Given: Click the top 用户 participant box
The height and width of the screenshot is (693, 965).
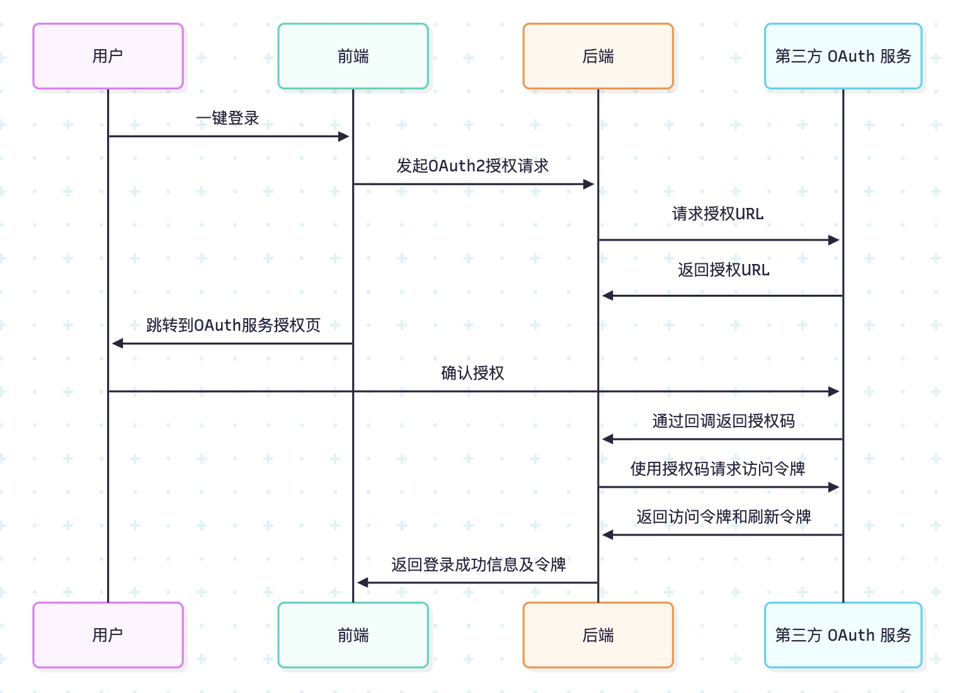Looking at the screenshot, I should (108, 56).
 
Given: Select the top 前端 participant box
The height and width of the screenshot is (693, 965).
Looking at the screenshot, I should (353, 56).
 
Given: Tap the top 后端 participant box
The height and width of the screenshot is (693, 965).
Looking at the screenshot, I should (598, 56).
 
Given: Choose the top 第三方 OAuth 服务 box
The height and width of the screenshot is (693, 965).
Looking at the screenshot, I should (843, 56).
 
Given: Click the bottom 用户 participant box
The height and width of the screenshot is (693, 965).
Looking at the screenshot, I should (108, 635).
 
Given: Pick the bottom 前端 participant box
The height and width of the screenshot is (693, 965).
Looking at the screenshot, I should (353, 635).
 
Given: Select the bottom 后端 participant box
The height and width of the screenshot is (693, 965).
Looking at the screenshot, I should (598, 635).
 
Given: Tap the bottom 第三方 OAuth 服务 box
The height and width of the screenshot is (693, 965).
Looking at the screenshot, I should (843, 635).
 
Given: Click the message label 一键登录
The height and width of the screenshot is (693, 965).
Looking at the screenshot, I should (227, 118).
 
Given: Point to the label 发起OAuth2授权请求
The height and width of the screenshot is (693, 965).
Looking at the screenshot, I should (472, 166).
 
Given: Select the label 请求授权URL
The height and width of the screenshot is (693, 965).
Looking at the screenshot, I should (717, 214).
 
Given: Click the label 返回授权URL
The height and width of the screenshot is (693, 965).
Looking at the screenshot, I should (723, 270).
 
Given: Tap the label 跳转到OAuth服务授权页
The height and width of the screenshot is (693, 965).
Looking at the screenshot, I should (233, 325).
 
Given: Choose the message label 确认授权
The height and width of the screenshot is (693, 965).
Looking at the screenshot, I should (472, 373).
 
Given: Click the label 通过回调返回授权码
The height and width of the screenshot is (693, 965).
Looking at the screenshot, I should (723, 421).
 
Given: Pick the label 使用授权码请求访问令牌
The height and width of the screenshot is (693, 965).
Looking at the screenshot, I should (717, 469).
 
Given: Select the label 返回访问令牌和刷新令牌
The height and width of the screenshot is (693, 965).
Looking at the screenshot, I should (723, 517).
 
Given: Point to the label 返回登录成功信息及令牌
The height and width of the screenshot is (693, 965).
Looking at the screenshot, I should (478, 564).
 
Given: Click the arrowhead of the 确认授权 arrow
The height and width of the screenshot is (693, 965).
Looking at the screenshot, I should (834, 391).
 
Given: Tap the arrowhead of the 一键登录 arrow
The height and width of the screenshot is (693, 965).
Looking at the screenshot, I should (344, 136).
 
